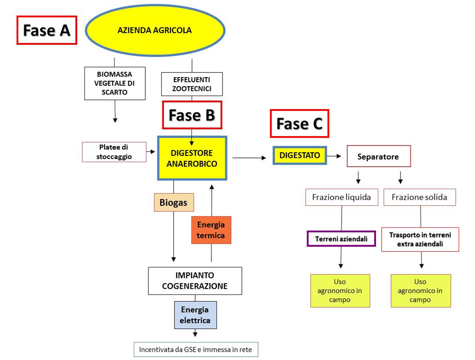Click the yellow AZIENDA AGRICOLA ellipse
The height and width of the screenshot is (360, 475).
coord(155,30)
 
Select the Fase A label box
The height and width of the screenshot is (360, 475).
coord(47,30)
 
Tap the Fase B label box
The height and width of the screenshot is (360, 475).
coord(192,115)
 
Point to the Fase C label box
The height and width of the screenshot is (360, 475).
coord(299,124)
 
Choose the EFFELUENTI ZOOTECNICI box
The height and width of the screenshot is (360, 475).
coord(192,84)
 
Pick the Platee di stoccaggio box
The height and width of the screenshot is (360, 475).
coord(114,152)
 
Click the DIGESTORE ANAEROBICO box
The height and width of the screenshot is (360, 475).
coord(192,158)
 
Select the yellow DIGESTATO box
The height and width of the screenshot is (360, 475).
coord(300,155)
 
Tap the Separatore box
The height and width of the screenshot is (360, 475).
coord(378,157)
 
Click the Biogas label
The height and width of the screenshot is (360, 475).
coord(174,203)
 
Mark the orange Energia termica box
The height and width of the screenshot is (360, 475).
coord(211,230)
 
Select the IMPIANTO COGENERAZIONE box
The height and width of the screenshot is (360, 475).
coord(195,281)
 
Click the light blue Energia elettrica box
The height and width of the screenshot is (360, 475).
coord(195,315)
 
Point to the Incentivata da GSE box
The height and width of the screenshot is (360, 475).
coord(196,350)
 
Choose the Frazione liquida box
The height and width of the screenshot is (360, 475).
coord(342,197)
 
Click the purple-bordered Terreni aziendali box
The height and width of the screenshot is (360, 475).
coord(341,239)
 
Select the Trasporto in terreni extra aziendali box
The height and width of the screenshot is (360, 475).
coord(420,239)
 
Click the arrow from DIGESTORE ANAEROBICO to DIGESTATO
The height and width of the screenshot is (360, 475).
coord(249,158)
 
